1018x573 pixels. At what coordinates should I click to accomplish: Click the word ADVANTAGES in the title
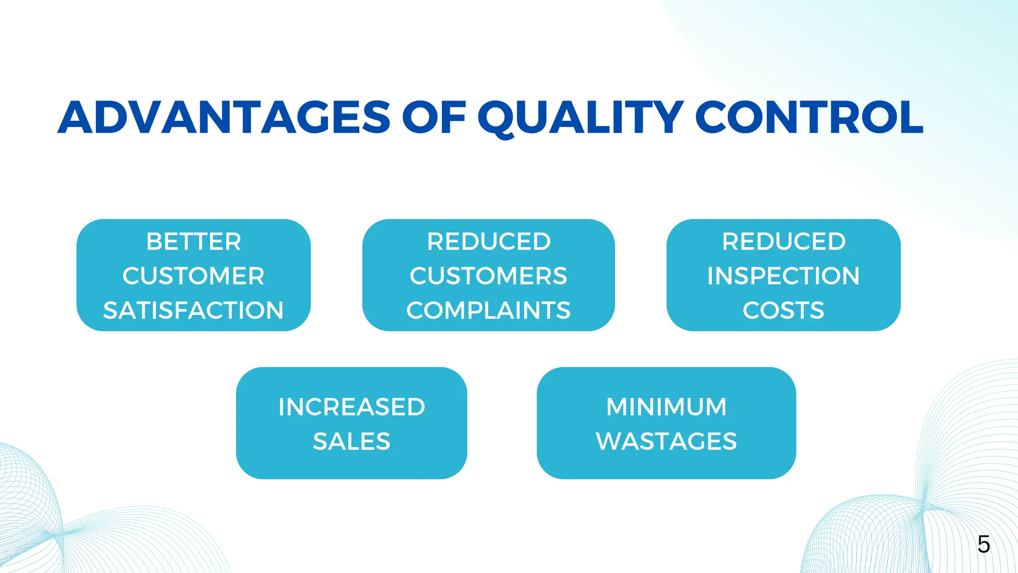tap(224, 118)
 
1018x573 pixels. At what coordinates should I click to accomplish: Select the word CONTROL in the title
tap(809, 118)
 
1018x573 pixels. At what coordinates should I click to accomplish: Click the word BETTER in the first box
tap(193, 242)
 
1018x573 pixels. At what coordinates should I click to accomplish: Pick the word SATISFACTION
tap(193, 310)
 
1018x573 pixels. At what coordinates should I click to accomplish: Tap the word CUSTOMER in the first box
tap(193, 276)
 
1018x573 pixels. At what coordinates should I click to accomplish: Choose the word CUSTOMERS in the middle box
tap(488, 276)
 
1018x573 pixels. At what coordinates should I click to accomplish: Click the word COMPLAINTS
tap(488, 310)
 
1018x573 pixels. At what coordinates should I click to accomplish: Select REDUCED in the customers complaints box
tap(488, 242)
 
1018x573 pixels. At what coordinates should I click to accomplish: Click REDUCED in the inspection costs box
tap(783, 242)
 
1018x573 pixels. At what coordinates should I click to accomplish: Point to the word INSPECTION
tap(783, 276)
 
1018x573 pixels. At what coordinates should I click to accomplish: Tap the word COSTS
tap(783, 310)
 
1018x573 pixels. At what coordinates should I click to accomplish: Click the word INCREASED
tap(351, 407)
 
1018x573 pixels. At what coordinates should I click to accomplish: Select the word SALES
tap(351, 441)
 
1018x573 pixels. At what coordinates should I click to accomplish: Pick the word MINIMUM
tap(666, 407)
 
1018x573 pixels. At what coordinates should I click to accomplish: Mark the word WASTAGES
tap(666, 441)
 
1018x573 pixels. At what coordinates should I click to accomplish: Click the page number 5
tap(983, 545)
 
